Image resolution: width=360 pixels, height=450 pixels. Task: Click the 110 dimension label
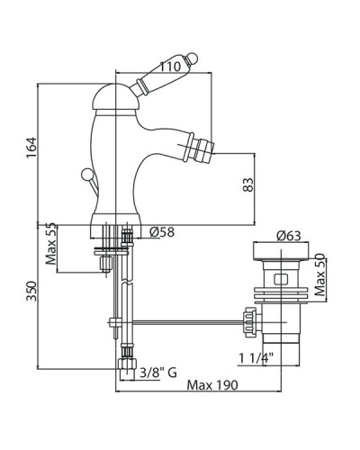[170, 67]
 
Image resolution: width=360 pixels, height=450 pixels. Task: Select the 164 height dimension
[31, 148]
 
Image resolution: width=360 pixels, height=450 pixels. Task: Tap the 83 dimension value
[248, 185]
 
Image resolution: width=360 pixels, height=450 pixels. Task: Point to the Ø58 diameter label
[162, 232]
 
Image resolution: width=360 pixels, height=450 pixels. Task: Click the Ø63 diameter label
[289, 236]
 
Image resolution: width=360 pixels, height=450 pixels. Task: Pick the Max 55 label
[50, 244]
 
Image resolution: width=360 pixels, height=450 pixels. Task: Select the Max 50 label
[319, 274]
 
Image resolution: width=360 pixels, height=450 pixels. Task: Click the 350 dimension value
[31, 291]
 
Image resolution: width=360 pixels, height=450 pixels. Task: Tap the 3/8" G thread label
[158, 373]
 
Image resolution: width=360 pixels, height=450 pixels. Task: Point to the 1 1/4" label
[256, 358]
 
